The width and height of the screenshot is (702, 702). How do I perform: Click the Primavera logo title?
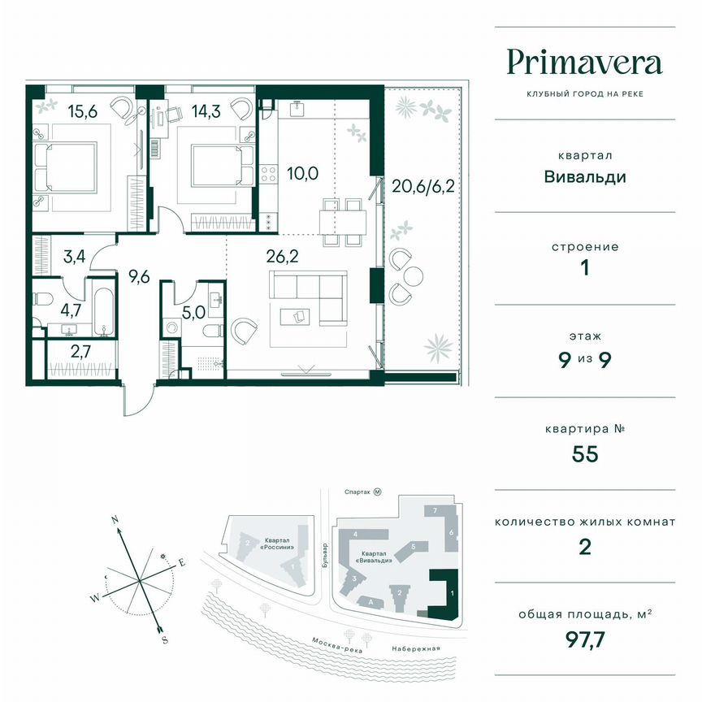tap(585, 62)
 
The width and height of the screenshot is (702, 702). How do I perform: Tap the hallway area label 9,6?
tap(140, 275)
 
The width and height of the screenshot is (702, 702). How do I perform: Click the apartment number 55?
tap(585, 453)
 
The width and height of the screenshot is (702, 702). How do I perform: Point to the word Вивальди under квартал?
tap(585, 176)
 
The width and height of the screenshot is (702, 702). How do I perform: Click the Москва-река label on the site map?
tap(336, 643)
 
